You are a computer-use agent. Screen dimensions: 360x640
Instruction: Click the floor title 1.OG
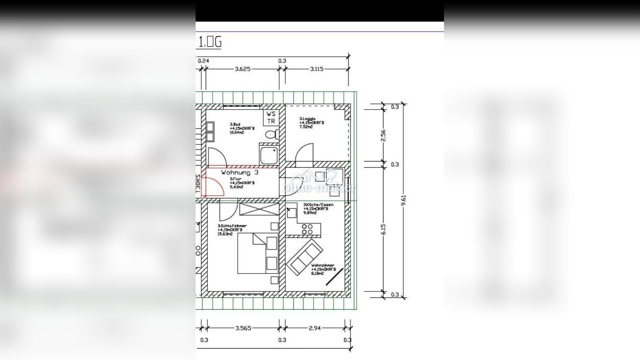[210, 42]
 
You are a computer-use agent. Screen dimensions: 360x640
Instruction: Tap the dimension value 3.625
[242, 69]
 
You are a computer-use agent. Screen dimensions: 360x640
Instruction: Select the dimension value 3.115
[317, 69]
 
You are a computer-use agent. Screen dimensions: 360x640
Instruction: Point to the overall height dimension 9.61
[403, 200]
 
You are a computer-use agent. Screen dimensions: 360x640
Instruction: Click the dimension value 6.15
[384, 229]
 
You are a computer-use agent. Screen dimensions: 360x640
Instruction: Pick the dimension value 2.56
[384, 135]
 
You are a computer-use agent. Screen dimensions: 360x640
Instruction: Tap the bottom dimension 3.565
[243, 328]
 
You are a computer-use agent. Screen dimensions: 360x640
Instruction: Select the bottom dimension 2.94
[315, 328]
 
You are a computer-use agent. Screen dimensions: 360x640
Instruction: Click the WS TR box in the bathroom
[271, 117]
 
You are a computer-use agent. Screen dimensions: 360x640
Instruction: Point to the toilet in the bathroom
[271, 134]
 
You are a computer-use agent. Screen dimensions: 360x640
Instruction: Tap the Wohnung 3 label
[239, 172]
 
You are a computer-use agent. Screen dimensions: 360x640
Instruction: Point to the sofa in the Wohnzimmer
[305, 256]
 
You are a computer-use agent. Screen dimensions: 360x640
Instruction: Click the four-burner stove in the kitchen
[307, 229]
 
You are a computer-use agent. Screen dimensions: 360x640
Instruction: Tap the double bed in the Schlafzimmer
[257, 253]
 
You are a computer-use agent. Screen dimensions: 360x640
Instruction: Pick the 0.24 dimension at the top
[203, 61]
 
